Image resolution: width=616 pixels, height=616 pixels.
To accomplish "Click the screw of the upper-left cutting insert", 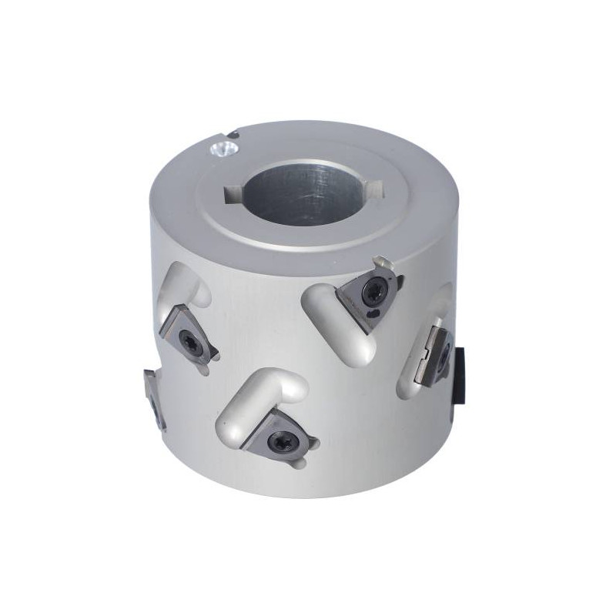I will point(188,339).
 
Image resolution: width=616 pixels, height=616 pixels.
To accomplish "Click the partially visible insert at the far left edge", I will point(152,394).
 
